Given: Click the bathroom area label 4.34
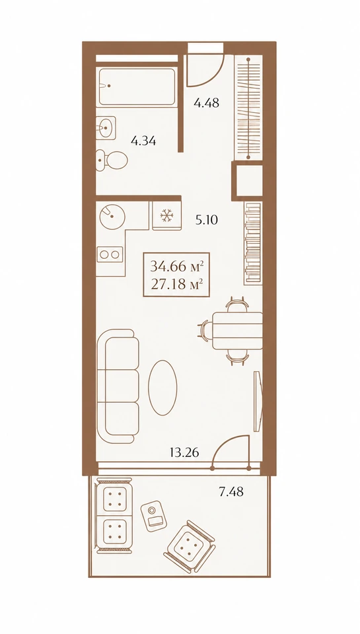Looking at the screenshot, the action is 143,141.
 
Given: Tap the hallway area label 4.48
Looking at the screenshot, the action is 206,103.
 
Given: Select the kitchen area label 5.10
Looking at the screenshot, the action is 206,221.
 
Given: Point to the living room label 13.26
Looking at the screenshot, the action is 184,452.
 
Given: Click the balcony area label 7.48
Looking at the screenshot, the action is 231,491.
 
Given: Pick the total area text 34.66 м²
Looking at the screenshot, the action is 176,266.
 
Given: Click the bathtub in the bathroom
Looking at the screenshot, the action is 137,87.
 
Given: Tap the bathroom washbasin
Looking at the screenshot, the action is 106,128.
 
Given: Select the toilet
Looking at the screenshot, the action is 112,160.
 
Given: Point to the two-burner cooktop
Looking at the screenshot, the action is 110,254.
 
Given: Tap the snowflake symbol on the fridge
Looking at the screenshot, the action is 166,215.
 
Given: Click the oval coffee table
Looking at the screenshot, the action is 162,387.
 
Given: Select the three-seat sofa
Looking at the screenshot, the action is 118,386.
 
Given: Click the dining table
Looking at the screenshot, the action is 237,331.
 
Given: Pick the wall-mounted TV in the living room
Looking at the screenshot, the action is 257,401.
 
